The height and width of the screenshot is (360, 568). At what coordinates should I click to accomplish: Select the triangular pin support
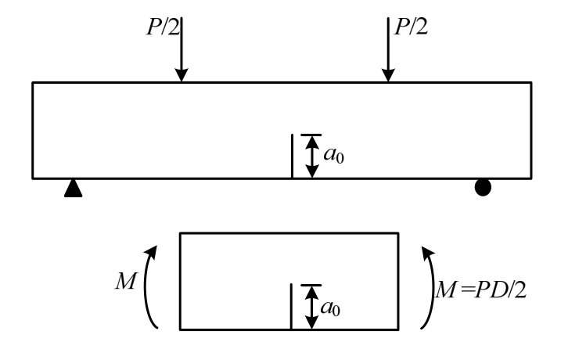73,188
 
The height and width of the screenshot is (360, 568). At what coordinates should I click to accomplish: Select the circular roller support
484,188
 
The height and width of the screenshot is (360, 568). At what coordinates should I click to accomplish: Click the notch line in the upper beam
292,156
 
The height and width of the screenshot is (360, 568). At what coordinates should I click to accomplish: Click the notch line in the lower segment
292,306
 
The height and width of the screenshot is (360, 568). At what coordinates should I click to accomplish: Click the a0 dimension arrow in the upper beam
311,156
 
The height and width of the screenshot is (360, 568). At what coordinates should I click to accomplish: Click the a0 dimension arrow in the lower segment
311,306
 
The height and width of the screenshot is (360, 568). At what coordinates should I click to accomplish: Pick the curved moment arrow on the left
148,285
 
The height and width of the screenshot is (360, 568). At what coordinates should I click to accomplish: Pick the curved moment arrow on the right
428,285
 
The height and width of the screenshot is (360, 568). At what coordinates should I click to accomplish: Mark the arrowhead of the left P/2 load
182,76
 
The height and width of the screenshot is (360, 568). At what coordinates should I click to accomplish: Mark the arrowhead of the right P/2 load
388,76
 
